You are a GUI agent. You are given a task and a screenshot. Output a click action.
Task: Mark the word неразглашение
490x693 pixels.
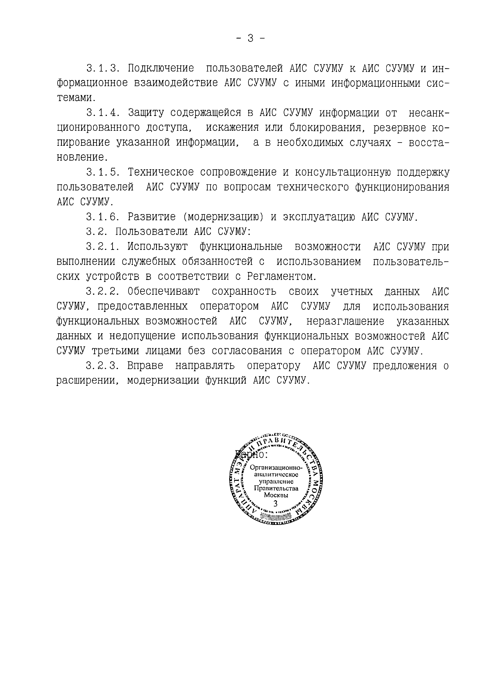[345, 321]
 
